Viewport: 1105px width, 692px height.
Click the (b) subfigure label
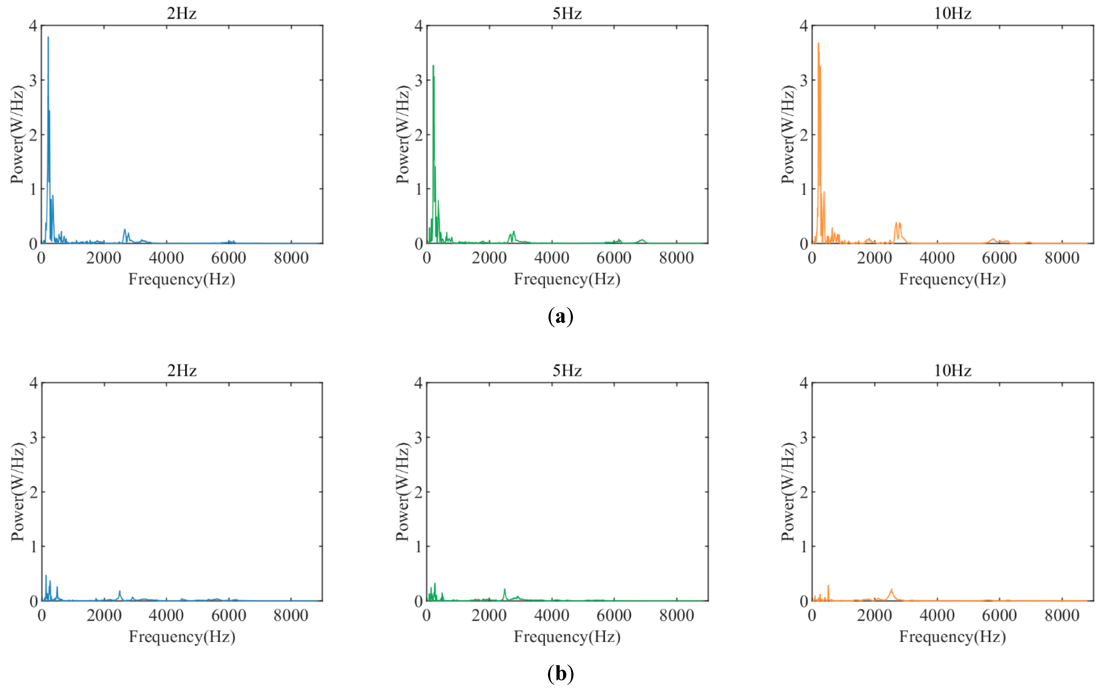(x=560, y=673)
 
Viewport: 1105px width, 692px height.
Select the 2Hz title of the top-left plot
(x=182, y=13)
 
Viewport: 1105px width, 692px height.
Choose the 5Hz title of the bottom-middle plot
(x=567, y=370)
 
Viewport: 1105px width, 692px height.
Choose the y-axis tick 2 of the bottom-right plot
(x=804, y=492)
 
